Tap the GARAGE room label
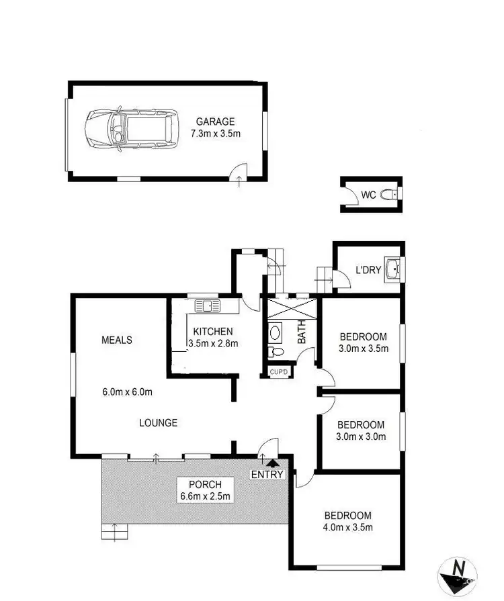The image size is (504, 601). tap(215, 122)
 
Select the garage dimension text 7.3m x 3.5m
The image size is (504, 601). tap(215, 134)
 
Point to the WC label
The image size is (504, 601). tap(368, 195)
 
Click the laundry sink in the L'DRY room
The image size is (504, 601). tap(392, 268)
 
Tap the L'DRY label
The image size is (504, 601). tap(368, 271)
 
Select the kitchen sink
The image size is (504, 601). tap(207, 306)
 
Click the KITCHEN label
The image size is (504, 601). tap(212, 331)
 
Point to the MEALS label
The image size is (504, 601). tap(116, 340)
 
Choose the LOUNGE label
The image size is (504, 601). tap(158, 422)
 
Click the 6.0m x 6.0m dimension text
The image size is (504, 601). tap(126, 391)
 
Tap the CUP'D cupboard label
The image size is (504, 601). tap(278, 371)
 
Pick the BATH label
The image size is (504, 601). tap(302, 331)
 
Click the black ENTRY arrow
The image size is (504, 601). tap(272, 462)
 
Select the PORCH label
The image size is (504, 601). tap(200, 484)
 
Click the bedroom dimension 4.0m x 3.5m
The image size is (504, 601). tap(347, 527)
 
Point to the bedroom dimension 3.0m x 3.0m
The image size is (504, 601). tap(361, 436)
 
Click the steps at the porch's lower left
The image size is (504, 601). tap(114, 533)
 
